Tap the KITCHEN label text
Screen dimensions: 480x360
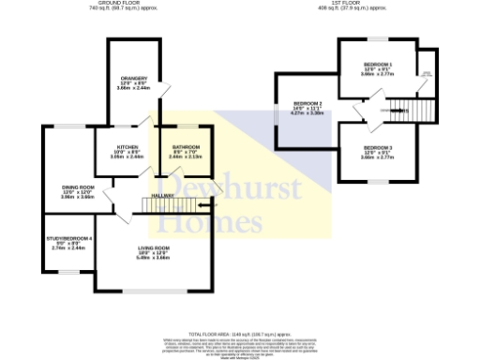pos(128,147)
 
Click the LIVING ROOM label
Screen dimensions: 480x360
pos(153,247)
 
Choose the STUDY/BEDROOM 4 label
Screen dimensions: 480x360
pos(69,239)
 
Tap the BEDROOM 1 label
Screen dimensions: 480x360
pos(378,63)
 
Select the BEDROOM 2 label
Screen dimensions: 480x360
pos(307,103)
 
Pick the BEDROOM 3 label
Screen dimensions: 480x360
pos(378,148)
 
